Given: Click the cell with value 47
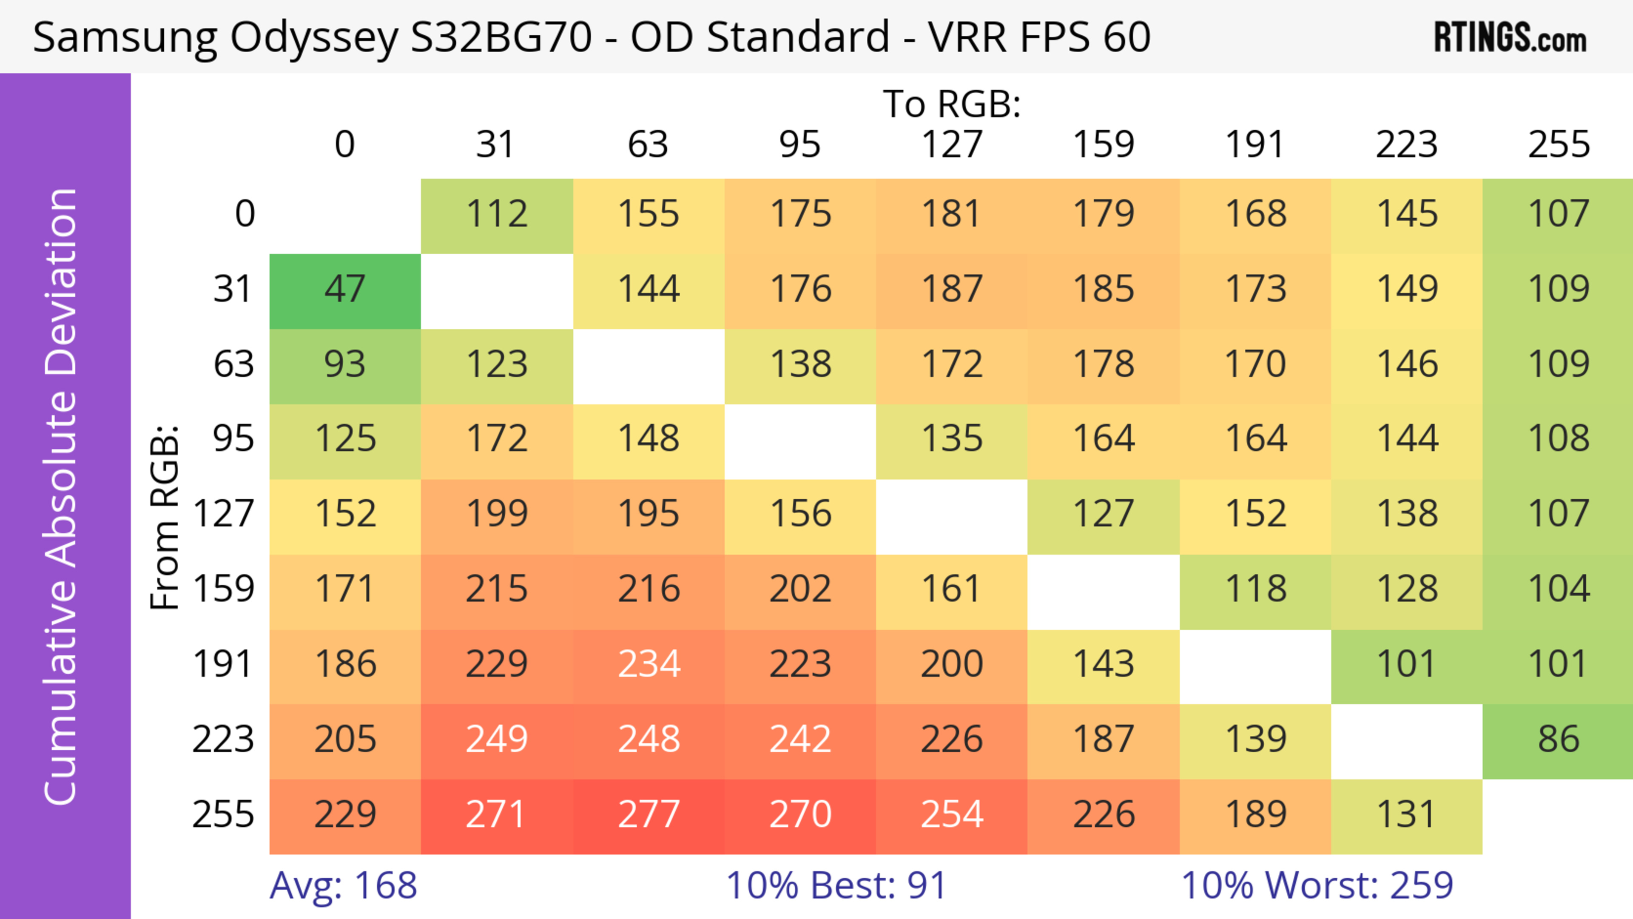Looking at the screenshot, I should (345, 290).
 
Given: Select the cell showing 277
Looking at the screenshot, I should (649, 814).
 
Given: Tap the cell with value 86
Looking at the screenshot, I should (1558, 740).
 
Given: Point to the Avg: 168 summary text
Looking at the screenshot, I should (343, 885).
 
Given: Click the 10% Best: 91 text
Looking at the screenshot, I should (836, 885).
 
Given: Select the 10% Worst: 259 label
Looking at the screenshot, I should (1317, 885).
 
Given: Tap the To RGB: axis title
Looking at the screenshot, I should (952, 104).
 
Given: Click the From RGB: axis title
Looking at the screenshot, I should (165, 517).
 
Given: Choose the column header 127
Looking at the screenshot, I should (952, 145).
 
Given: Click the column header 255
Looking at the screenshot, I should (1558, 145).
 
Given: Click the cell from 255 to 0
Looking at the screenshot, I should (345, 814).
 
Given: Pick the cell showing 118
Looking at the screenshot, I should (1255, 589).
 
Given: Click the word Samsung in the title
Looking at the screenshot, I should (124, 37).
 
